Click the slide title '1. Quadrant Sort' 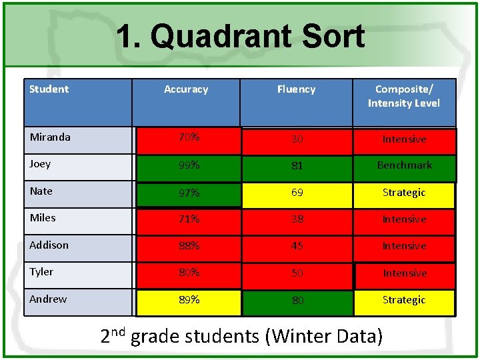(x=240, y=37)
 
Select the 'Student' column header (x=49, y=89)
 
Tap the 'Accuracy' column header (x=186, y=89)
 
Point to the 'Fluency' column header (x=297, y=89)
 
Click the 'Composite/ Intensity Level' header (x=404, y=96)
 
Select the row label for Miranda (x=50, y=137)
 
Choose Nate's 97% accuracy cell (x=189, y=193)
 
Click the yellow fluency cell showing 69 (x=297, y=193)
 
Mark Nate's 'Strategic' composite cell (x=404, y=193)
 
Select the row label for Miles (x=43, y=218)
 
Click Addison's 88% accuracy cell (x=189, y=247)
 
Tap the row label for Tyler (x=41, y=272)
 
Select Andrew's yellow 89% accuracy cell (x=189, y=301)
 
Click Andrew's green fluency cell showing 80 (x=297, y=301)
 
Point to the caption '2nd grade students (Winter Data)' (x=241, y=336)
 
